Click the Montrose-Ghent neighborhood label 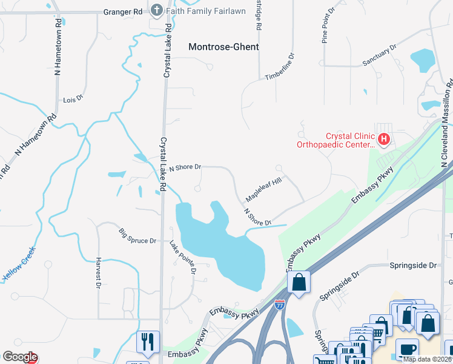point(223,47)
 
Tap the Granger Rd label point(122,11)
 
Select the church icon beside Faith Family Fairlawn point(157,11)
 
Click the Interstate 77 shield point(280,305)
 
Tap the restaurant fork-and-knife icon point(148,342)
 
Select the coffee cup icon point(406,349)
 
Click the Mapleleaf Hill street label point(264,190)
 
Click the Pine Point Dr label point(326,26)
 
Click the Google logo point(19,357)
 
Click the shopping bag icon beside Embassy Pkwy point(299,282)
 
